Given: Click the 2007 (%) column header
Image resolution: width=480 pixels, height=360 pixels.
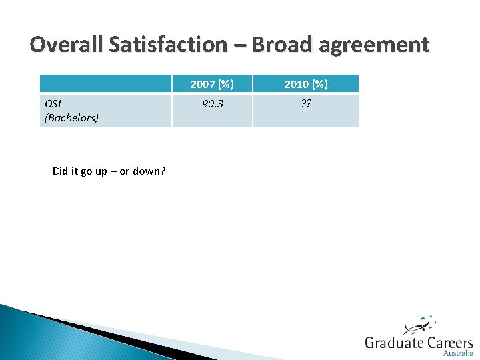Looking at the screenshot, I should pyautogui.click(x=212, y=84).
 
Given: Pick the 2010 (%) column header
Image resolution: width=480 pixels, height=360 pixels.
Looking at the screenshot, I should pyautogui.click(x=306, y=84).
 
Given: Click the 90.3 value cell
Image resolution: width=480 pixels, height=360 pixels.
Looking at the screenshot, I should pyautogui.click(x=212, y=104).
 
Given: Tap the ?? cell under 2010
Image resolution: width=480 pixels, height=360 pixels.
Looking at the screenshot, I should pyautogui.click(x=306, y=104).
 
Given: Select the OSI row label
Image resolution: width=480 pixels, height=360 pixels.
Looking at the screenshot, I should pyautogui.click(x=53, y=104).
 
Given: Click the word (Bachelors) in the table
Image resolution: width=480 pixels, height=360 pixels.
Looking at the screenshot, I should pyautogui.click(x=71, y=117).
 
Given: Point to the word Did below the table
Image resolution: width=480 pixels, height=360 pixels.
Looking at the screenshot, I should pyautogui.click(x=61, y=171).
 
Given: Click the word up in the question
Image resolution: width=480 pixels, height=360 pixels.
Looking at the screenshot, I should pyautogui.click(x=101, y=171).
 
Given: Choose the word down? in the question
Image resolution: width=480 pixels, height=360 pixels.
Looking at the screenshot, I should pyautogui.click(x=149, y=171).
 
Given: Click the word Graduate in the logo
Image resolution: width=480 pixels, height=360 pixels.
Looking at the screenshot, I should pyautogui.click(x=395, y=343).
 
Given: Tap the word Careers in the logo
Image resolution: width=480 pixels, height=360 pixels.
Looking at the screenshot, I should pyautogui.click(x=451, y=343).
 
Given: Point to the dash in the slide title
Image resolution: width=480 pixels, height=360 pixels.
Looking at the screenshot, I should pyautogui.click(x=239, y=45).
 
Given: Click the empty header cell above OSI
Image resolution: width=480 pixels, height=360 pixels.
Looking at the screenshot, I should pyautogui.click(x=106, y=84).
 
